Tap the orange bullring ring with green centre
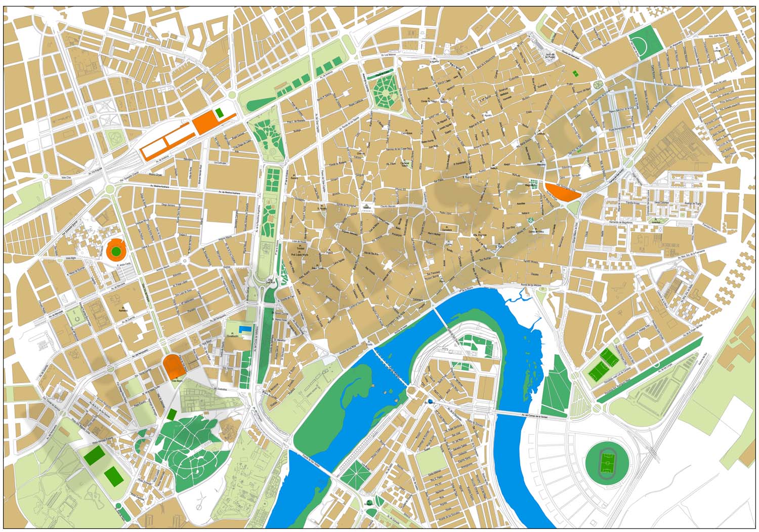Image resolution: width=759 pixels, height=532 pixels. pos(116,250)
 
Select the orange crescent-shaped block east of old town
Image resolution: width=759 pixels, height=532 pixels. pos(562,192)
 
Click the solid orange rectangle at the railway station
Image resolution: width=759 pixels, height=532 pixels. pos(204,123)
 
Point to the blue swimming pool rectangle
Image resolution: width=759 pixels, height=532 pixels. pos(245,330)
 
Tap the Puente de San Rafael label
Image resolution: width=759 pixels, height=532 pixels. pos(307,460)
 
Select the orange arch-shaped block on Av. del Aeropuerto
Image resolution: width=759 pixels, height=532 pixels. pos(173,366)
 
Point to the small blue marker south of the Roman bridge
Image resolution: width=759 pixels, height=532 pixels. pos(430,401)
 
